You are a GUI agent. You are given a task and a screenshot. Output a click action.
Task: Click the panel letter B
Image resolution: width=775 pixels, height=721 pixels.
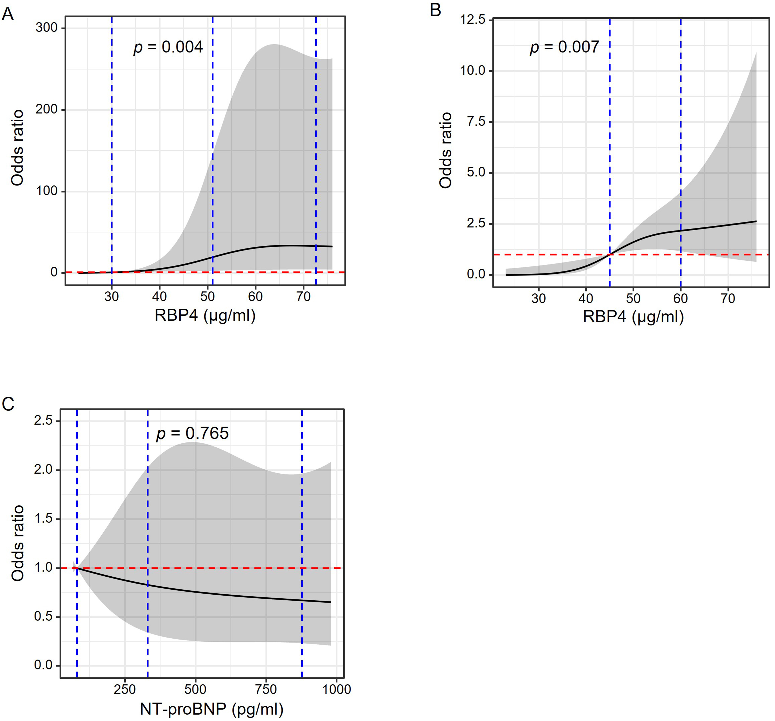[436, 10]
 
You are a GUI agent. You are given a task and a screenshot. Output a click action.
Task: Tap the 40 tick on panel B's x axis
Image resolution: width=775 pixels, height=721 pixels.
[586, 299]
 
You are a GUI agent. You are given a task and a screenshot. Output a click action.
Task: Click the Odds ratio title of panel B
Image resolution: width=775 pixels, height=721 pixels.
[446, 150]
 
